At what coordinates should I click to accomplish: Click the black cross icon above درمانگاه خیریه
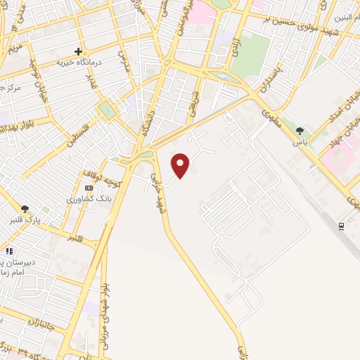(79, 51)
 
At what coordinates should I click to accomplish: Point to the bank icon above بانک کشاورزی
(88, 188)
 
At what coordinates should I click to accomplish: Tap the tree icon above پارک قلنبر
(25, 208)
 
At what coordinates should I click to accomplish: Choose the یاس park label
(300, 141)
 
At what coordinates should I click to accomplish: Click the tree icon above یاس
(300, 131)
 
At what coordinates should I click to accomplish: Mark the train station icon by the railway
(342, 226)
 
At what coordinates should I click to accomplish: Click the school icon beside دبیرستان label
(8, 250)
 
